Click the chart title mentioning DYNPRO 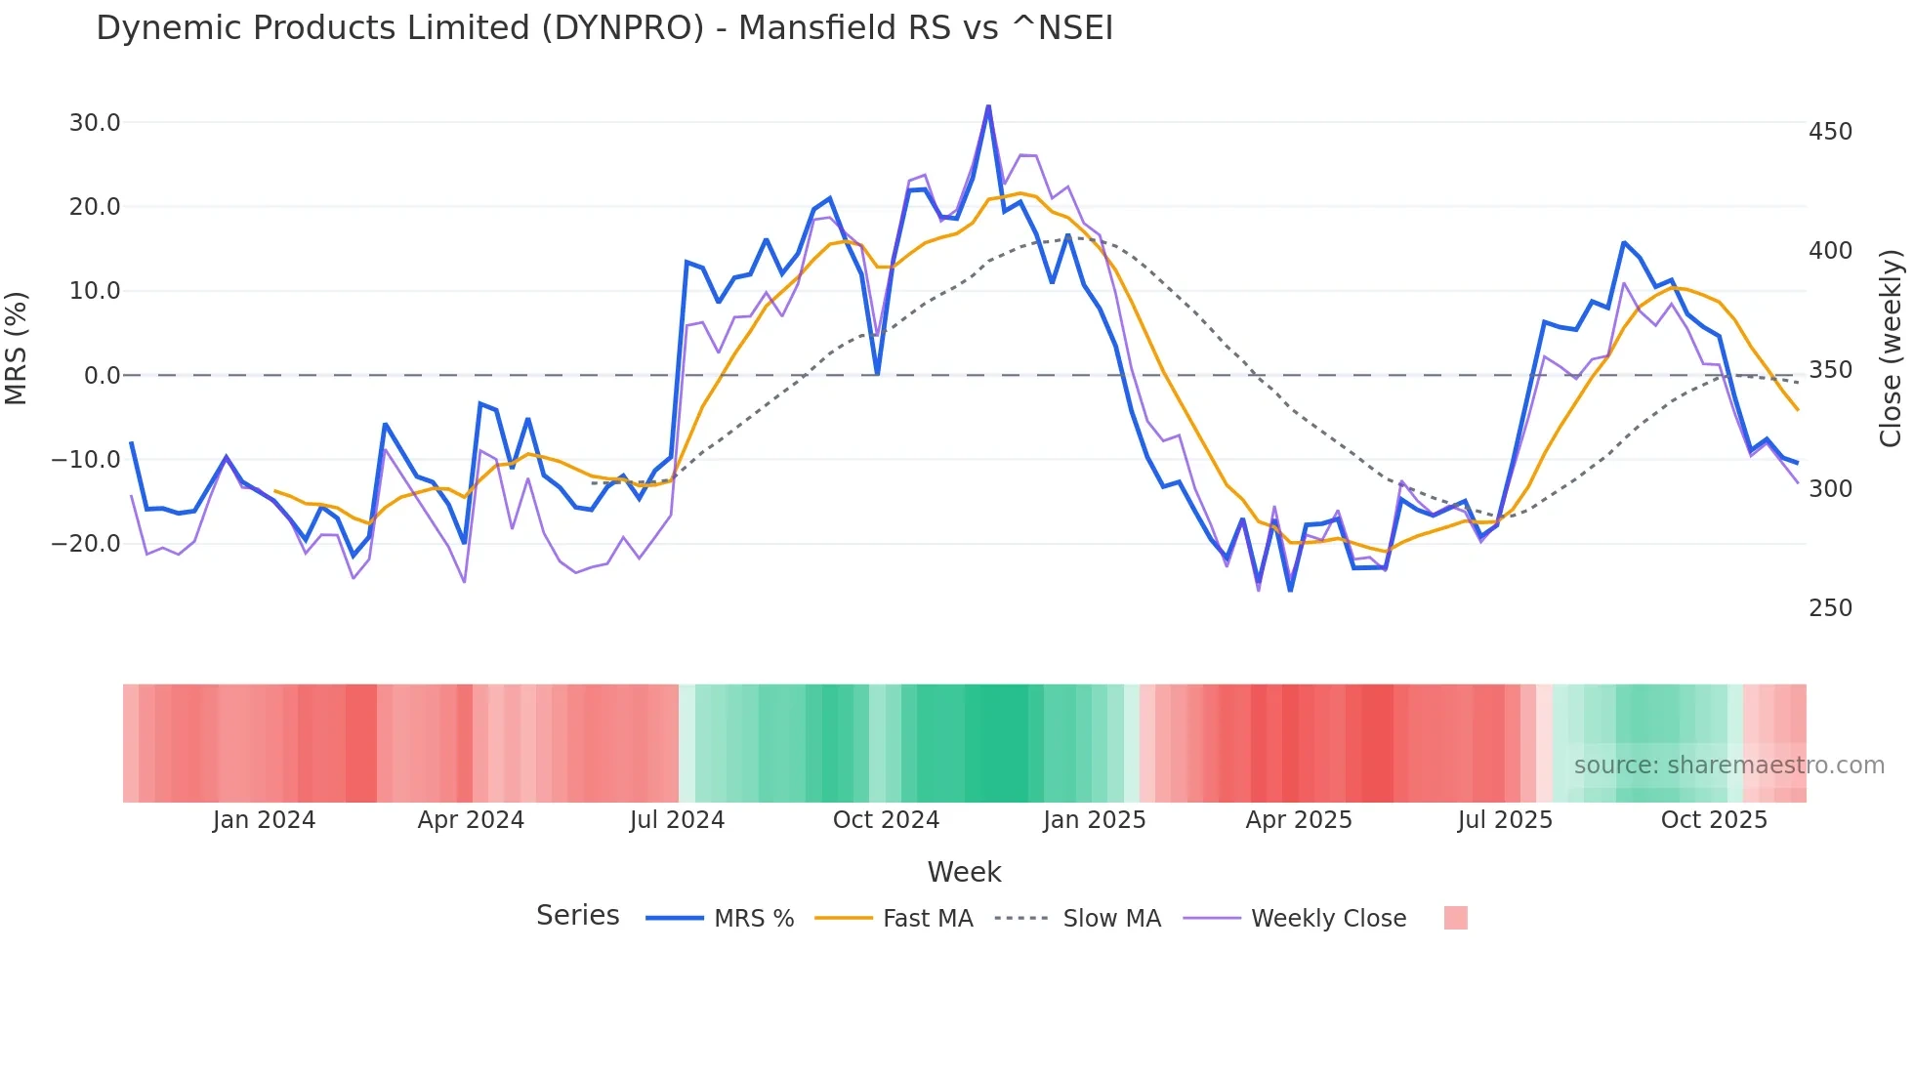click(604, 28)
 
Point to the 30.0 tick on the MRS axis click(95, 123)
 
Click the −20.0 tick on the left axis click(86, 544)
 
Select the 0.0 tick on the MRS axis click(102, 376)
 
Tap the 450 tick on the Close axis click(1830, 132)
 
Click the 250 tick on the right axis click(1830, 608)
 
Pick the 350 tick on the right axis click(1830, 370)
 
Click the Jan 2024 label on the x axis click(264, 820)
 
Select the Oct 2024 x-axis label click(886, 820)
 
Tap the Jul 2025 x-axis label click(1505, 820)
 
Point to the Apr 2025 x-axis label click(1299, 820)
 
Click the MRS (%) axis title click(17, 349)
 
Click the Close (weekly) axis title click(1891, 349)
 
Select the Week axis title click(964, 872)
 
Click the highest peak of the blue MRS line click(988, 106)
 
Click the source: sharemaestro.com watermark click(1728, 766)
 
